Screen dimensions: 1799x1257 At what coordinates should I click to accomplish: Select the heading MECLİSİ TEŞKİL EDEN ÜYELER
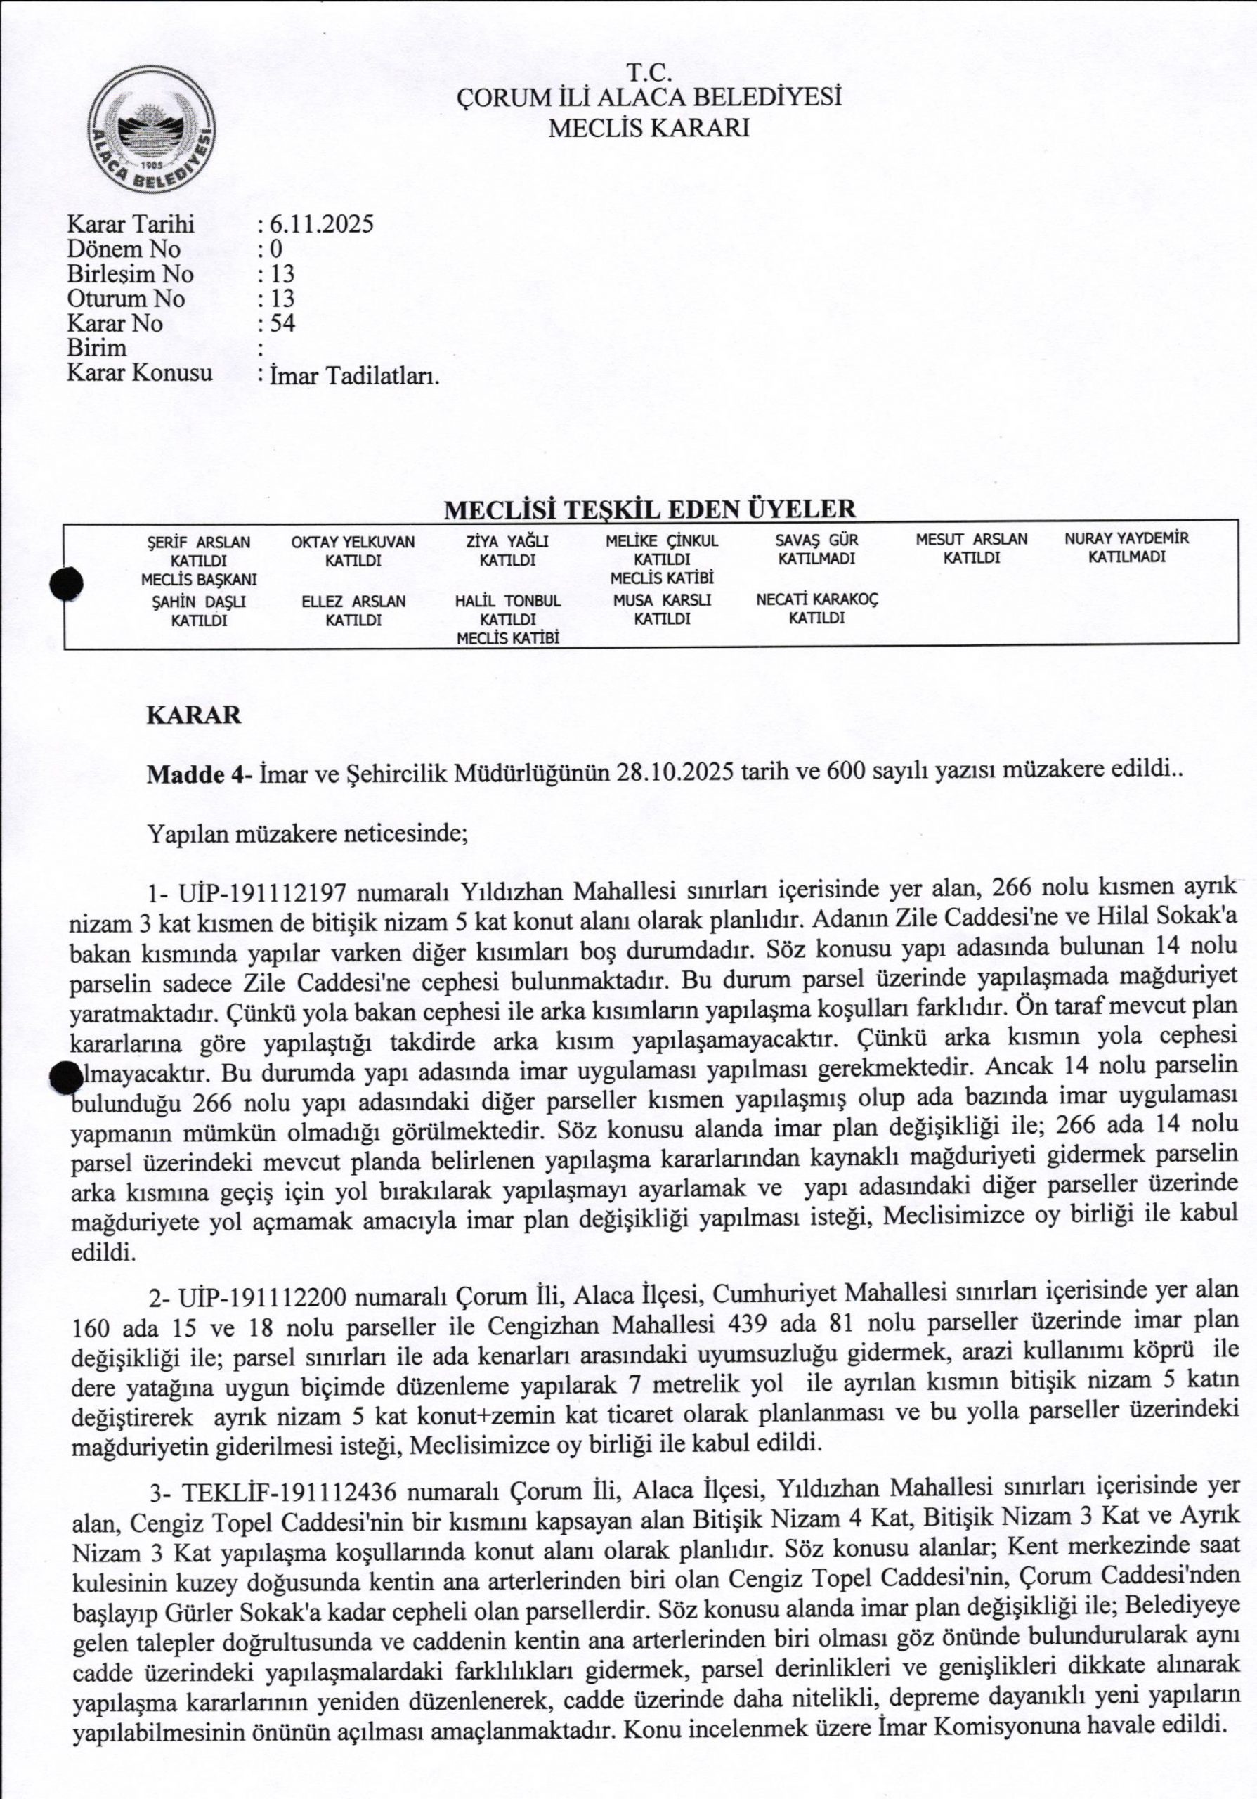(x=649, y=509)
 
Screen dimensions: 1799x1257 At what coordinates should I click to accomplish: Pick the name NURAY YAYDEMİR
(x=1126, y=538)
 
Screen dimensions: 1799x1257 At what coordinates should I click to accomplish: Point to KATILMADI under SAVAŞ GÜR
(x=816, y=559)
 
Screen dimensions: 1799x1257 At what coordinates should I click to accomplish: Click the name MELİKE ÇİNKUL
(x=662, y=540)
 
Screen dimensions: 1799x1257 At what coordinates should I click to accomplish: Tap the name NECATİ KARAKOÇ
(x=817, y=599)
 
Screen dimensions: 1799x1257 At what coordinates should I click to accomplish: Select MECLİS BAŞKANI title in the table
(x=199, y=580)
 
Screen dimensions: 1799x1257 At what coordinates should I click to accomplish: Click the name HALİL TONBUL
(x=507, y=601)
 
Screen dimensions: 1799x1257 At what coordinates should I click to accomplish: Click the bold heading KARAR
(x=193, y=715)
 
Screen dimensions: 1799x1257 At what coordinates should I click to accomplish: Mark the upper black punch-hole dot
(x=67, y=585)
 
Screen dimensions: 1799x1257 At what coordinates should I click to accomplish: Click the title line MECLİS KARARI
(x=649, y=128)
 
